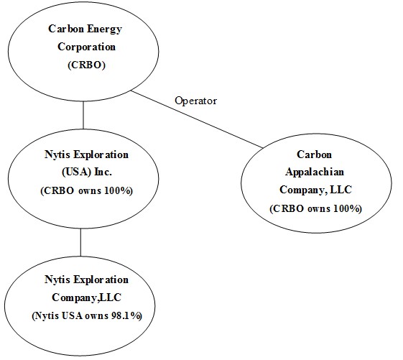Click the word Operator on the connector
[x=196, y=101]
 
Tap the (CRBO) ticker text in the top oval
[x=87, y=65]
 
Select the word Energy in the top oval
[x=104, y=29]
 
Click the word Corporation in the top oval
[x=87, y=47]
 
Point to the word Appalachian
[x=315, y=172]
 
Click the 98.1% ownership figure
[x=126, y=315]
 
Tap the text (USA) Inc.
[x=87, y=172]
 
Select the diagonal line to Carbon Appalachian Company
[x=197, y=119]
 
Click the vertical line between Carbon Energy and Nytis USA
[x=83, y=115]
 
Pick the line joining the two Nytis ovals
[x=80, y=242]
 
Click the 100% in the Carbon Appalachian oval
[x=348, y=208]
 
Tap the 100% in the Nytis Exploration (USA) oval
[x=119, y=190]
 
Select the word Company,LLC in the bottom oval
[x=87, y=297]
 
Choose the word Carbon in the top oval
[x=66, y=29]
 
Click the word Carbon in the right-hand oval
[x=315, y=154]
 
